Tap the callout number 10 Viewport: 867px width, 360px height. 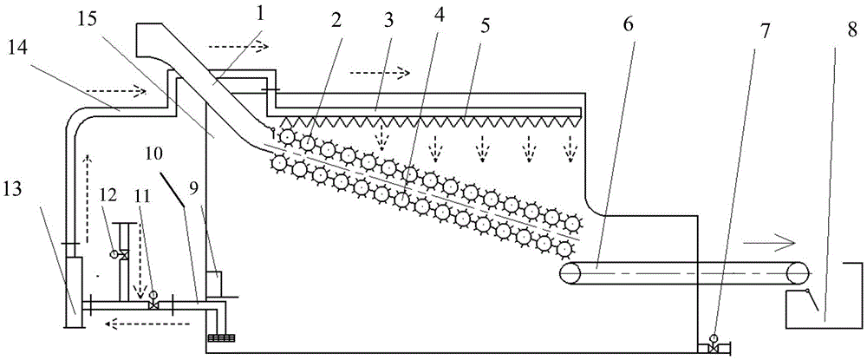154,157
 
